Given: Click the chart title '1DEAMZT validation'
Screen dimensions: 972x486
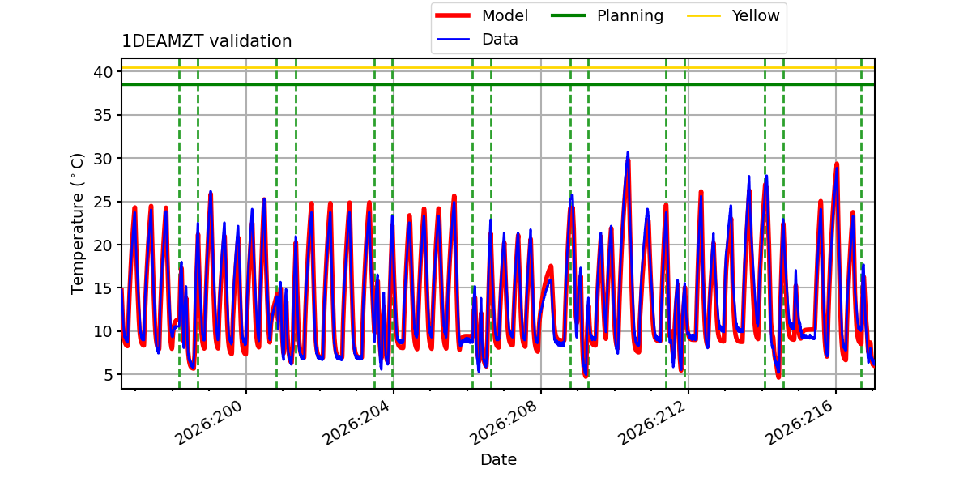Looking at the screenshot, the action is [207, 41].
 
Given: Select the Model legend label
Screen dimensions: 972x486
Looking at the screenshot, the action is [505, 15].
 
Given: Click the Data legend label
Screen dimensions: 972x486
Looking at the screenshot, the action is [500, 40].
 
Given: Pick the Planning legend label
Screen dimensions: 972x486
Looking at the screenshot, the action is [630, 15].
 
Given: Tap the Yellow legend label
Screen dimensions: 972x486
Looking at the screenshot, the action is [756, 15].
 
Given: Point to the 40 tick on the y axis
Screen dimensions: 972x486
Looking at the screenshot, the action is [103, 72].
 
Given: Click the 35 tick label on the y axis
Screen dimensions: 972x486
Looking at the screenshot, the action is [103, 115].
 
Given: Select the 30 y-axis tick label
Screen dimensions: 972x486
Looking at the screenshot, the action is [103, 159].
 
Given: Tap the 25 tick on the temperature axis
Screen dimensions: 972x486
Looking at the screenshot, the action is [103, 202].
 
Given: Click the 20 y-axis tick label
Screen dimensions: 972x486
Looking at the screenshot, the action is [103, 245].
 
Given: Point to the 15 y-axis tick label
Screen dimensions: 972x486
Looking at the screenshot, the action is [103, 288].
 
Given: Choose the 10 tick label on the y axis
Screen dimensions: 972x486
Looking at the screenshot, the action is [103, 331].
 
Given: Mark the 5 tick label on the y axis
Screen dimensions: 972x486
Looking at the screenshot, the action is [108, 375].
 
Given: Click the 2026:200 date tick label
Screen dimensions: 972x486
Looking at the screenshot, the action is [209, 423].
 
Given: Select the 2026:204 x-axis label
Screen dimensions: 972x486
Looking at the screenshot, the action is [356, 423].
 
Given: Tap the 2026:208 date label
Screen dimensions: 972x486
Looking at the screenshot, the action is [504, 423].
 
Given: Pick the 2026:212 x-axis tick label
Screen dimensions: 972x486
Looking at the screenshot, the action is [652, 423].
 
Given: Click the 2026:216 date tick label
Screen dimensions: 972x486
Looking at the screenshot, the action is [799, 423].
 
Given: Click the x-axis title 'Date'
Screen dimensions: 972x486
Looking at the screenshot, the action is [498, 459].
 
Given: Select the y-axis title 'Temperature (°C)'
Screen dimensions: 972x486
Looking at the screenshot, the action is [77, 224].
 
